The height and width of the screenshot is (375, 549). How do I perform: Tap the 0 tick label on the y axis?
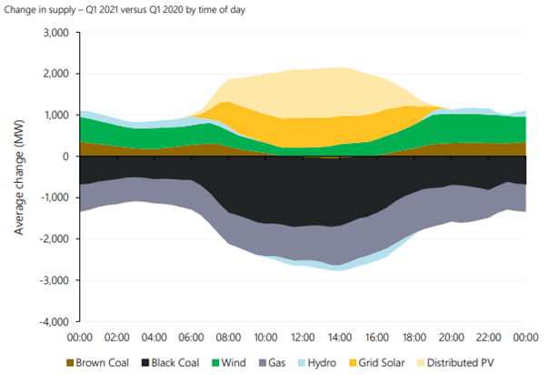[x=66, y=157]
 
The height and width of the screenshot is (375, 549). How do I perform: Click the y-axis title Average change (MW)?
[x=19, y=177]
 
